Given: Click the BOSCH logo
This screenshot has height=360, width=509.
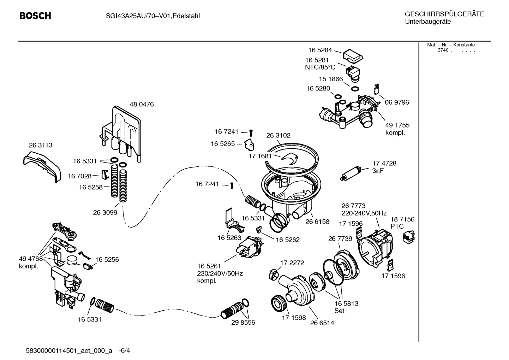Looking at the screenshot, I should click(x=35, y=16).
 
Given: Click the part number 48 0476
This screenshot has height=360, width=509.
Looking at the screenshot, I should click(x=142, y=105).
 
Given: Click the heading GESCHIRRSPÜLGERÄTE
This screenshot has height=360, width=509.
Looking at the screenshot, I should click(x=444, y=14).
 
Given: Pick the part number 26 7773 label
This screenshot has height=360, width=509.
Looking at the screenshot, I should click(x=353, y=206).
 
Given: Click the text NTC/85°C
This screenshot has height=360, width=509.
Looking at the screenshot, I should click(x=320, y=67).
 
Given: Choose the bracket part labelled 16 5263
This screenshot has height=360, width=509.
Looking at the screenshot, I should click(x=233, y=222).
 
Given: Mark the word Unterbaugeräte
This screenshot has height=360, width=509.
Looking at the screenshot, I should click(x=427, y=22).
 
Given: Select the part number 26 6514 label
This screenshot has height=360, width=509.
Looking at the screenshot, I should click(x=322, y=323).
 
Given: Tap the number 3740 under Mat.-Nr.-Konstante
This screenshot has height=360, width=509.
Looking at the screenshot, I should click(x=443, y=50).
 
